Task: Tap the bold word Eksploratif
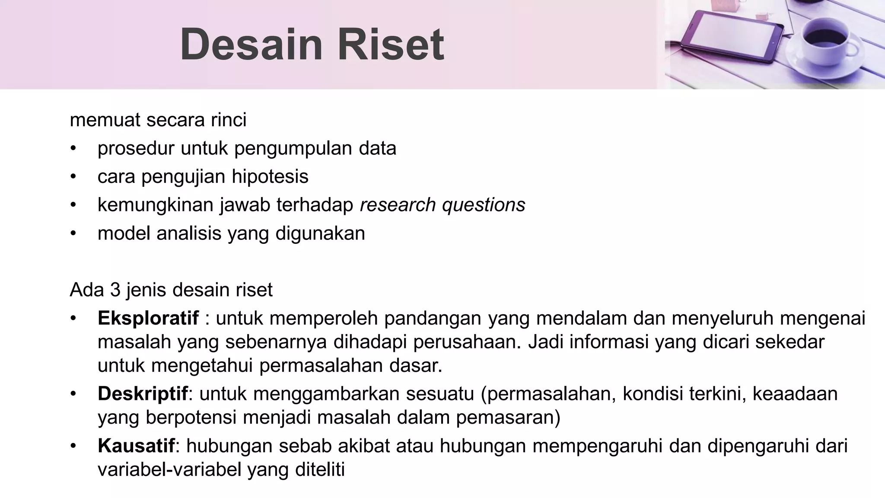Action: click(148, 319)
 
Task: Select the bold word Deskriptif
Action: click(143, 394)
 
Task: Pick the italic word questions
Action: click(484, 205)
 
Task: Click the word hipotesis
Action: click(270, 177)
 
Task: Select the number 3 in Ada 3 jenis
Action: click(115, 290)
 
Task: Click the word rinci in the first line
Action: click(229, 120)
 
